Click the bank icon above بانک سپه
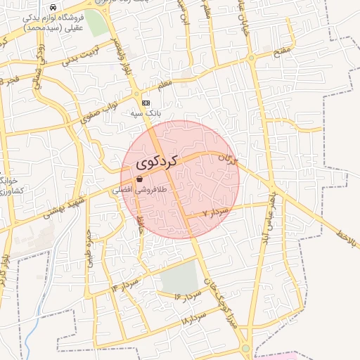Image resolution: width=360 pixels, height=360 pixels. [x=146, y=103]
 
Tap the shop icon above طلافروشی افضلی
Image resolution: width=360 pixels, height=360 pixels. [x=139, y=179]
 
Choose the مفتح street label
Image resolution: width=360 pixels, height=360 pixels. [x=281, y=52]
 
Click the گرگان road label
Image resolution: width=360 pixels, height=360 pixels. [x=229, y=160]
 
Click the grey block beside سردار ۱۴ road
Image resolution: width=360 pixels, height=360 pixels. [x=179, y=277]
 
